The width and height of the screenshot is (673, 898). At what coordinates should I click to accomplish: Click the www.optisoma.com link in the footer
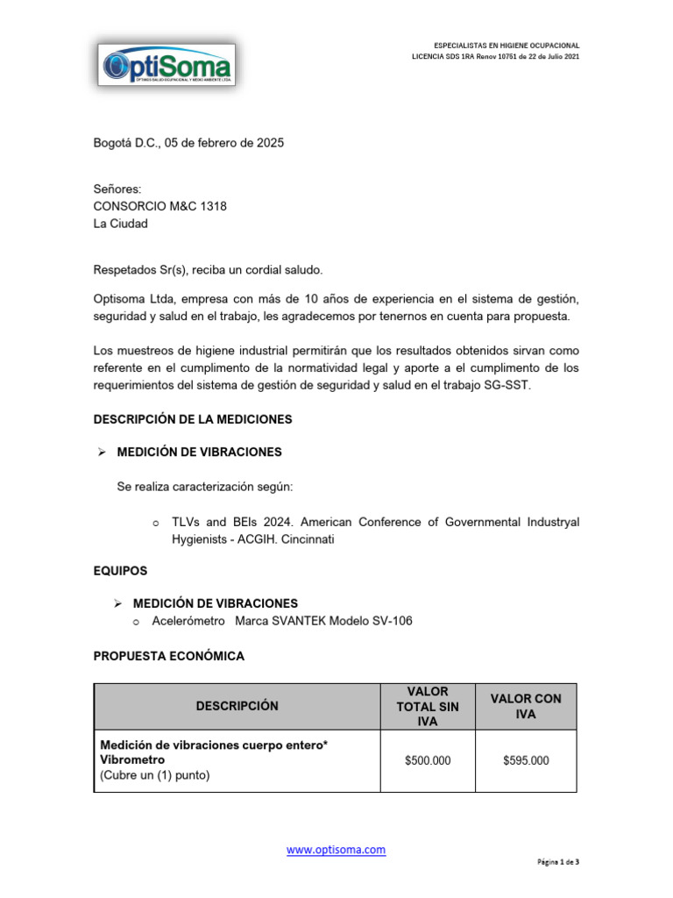pos(336,850)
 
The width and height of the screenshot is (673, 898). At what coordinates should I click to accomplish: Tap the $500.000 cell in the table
pos(428,761)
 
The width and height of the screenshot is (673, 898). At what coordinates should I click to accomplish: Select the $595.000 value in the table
pos(526,761)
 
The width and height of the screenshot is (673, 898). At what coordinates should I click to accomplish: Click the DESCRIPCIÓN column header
pos(237,706)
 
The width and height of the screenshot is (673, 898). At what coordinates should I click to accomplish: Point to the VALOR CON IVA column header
pos(526,706)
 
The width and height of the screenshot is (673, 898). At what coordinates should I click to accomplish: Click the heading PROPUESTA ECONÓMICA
pos(169,656)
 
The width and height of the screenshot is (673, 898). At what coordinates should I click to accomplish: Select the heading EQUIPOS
pos(120,570)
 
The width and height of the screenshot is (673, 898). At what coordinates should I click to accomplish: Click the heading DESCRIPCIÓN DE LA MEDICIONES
pos(193,420)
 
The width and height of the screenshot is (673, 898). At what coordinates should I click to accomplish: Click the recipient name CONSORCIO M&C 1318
pos(165,206)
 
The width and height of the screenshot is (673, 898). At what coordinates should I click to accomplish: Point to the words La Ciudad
pos(121,224)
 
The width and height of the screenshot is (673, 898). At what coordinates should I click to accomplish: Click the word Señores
pos(117,189)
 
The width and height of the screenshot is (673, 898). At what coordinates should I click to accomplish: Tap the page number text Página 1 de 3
pos(558,862)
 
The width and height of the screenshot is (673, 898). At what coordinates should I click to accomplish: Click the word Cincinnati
pos(302,539)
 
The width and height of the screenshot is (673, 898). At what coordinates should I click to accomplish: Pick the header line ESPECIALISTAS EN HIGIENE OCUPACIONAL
pos(507,45)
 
